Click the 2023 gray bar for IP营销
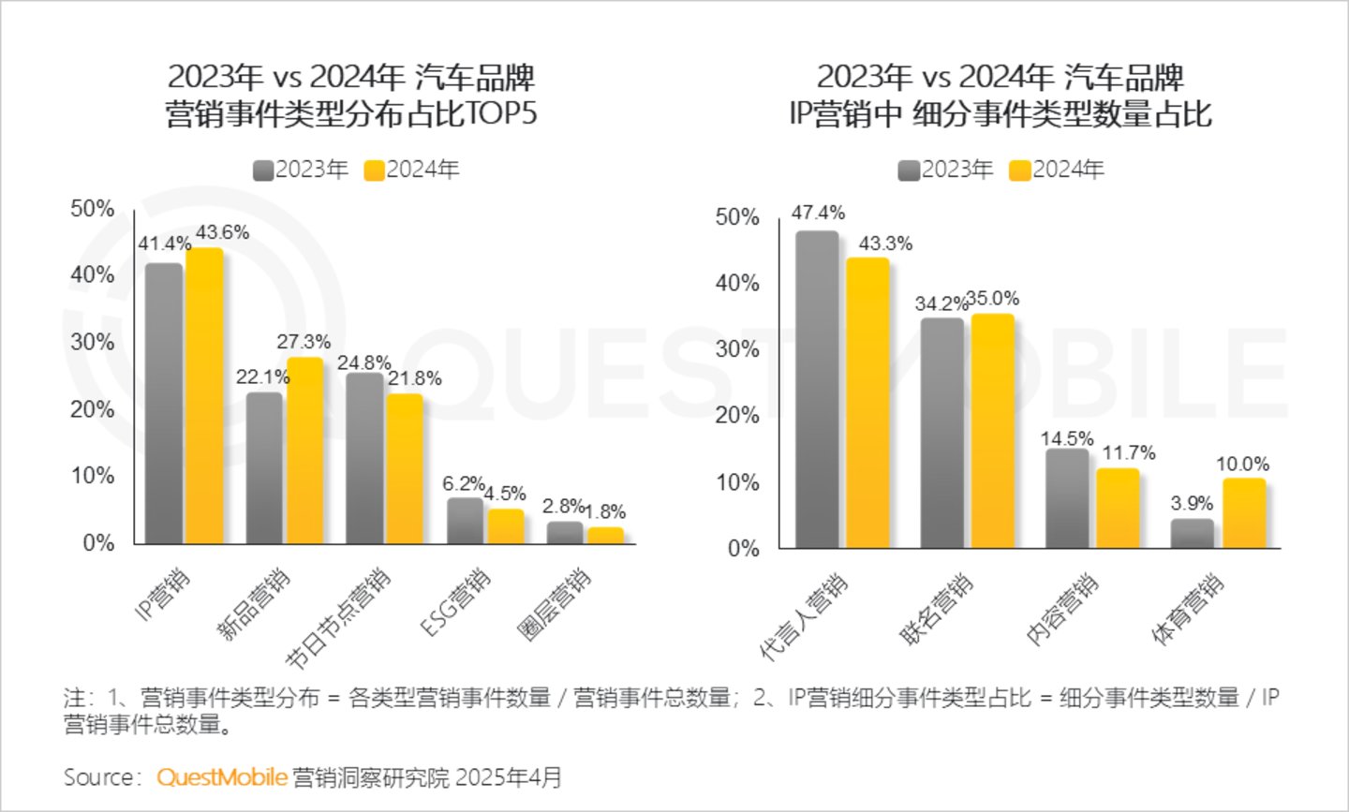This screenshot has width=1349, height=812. click(163, 403)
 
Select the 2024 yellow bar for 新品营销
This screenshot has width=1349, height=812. click(304, 450)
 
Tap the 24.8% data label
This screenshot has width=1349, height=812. click(364, 362)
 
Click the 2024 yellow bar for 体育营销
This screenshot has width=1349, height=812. click(1243, 513)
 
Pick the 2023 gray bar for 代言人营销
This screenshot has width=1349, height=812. click(816, 389)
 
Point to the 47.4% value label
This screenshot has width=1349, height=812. click(818, 213)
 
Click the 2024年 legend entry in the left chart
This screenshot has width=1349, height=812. click(412, 170)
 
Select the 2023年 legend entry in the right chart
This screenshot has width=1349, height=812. click(945, 170)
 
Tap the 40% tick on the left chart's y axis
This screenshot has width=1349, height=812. click(92, 274)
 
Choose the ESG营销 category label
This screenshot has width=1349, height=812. click(456, 602)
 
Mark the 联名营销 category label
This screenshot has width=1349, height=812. click(937, 609)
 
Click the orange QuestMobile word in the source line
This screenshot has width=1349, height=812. click(221, 777)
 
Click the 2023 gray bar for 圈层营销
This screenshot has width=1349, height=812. click(565, 532)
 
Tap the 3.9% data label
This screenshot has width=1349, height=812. click(1192, 503)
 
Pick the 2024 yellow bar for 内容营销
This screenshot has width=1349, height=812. click(1118, 508)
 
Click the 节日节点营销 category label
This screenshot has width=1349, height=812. click(338, 619)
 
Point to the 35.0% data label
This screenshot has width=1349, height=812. click(992, 299)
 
